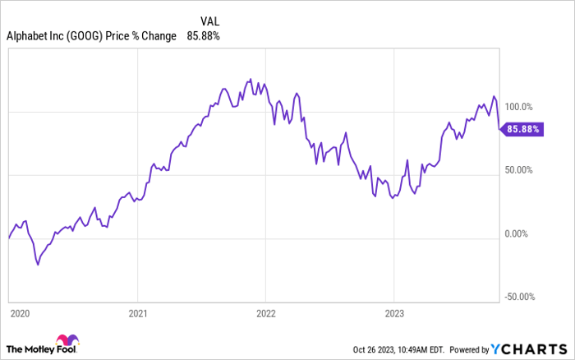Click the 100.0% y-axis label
[x=517, y=107]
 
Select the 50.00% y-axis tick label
[x=518, y=170]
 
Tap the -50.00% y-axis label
[x=518, y=297]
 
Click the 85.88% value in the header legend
[x=204, y=36]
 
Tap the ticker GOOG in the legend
[x=99, y=36]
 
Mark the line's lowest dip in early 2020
[x=37, y=265]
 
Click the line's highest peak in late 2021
[x=250, y=80]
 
